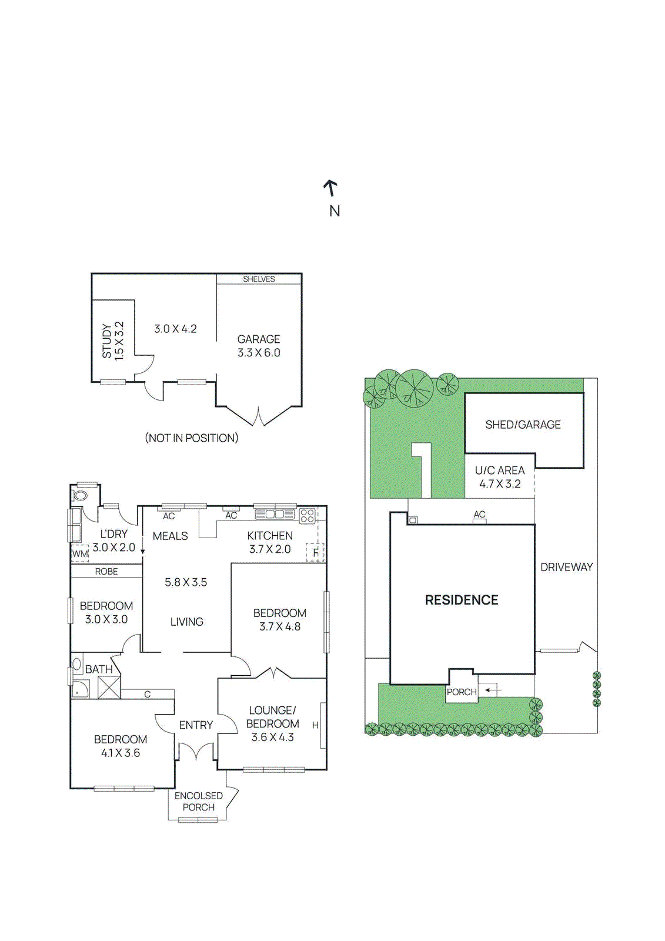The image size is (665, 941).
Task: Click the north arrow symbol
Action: tap(331, 188)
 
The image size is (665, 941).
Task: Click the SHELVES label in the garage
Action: tap(259, 279)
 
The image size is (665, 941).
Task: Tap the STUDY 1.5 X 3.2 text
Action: tap(112, 341)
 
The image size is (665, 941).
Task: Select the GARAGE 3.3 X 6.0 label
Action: tap(259, 346)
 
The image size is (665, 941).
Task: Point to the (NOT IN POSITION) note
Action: tap(192, 438)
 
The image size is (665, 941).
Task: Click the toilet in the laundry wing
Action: tap(80, 496)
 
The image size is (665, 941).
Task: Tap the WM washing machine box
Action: tap(80, 553)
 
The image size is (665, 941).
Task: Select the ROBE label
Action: tap(106, 572)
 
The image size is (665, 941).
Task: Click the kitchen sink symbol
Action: tap(275, 514)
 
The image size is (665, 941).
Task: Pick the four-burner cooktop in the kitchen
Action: tap(307, 516)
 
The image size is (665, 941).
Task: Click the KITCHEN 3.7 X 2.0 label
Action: tap(270, 542)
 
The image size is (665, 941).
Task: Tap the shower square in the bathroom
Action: tap(109, 687)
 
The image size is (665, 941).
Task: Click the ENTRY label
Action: tap(196, 725)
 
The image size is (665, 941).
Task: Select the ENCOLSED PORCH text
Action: tap(199, 802)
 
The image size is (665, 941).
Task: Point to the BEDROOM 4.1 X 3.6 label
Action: tap(121, 746)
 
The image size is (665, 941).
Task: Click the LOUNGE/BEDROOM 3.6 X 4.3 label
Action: tap(272, 723)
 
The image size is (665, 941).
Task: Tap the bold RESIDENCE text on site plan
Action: tap(462, 600)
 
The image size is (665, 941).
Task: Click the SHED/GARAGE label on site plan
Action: tap(523, 425)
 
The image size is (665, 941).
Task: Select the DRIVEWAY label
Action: tap(566, 567)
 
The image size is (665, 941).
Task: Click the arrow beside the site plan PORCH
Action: tap(491, 690)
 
